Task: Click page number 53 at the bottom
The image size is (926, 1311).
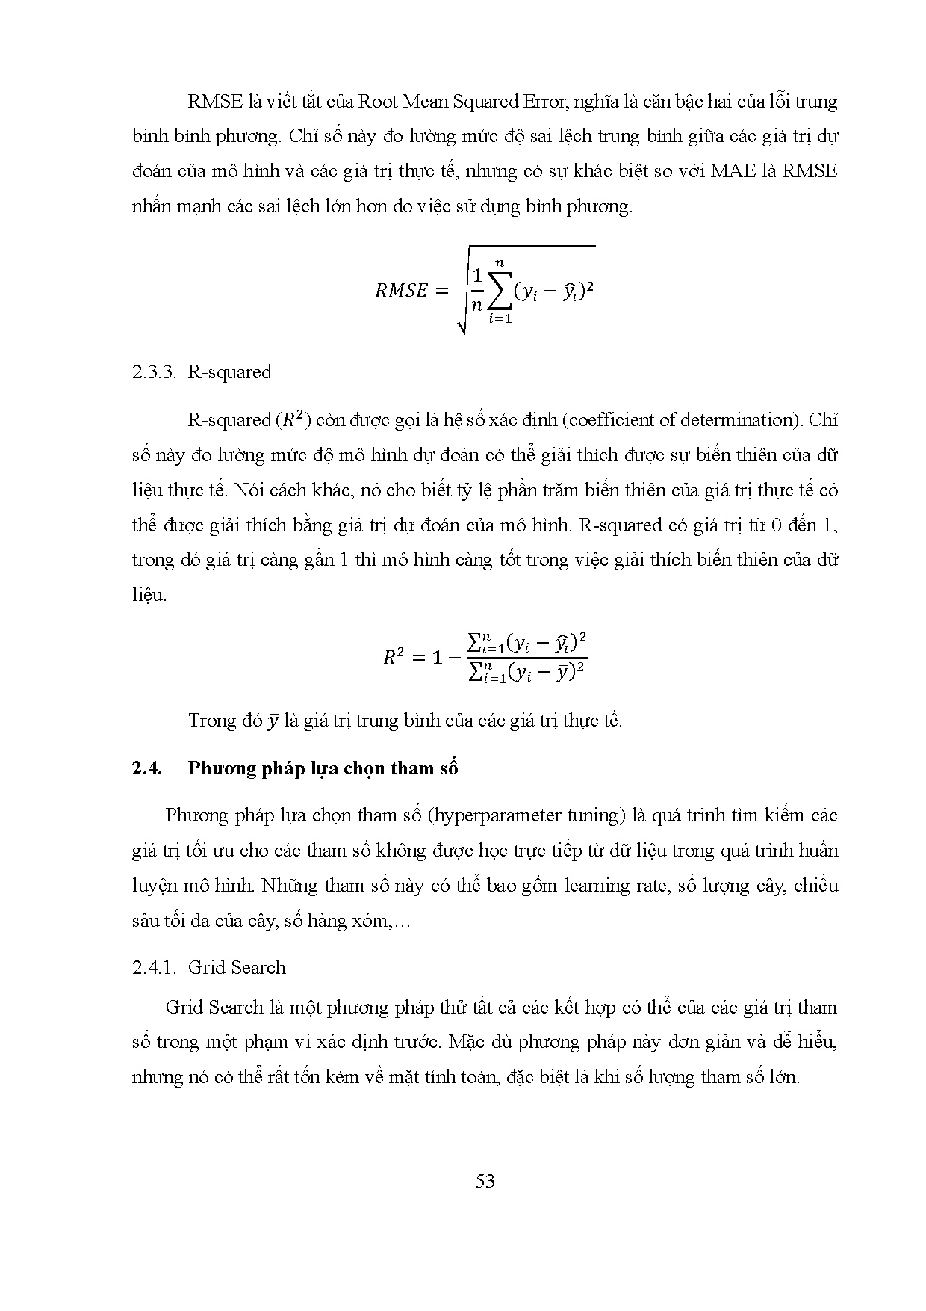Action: (485, 1181)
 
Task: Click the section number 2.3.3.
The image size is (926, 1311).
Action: (153, 372)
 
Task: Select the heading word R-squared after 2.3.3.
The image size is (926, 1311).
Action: (229, 372)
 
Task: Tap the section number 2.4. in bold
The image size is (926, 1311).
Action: (147, 768)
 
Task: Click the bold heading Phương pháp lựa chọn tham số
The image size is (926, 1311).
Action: (323, 768)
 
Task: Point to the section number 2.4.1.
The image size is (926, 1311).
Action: (153, 967)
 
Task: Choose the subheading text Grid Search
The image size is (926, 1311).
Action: (237, 967)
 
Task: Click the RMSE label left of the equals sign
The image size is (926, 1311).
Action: (401, 291)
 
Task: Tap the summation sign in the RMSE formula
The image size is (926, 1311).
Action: (500, 291)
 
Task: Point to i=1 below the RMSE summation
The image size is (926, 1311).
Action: (500, 320)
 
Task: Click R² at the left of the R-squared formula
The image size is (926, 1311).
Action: (393, 658)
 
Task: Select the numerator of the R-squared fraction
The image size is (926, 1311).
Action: (526, 643)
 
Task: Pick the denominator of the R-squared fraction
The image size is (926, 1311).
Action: (526, 672)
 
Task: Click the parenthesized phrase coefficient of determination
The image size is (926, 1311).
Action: (680, 420)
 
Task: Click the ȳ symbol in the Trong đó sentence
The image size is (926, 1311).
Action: (273, 722)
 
